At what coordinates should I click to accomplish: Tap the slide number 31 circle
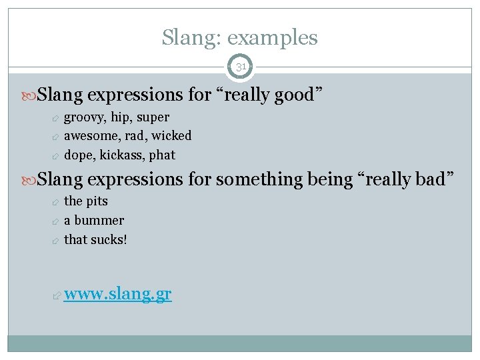coord(240,67)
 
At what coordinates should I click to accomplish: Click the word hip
coord(119,117)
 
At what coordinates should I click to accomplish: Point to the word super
coord(153,117)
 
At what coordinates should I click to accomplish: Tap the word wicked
coord(172,136)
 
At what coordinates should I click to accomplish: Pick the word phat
coord(163,155)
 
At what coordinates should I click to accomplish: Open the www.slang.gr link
coord(117,295)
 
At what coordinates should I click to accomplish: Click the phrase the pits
coord(85,201)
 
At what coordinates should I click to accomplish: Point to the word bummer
coord(99,220)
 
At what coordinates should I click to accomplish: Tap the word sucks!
coord(109,239)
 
